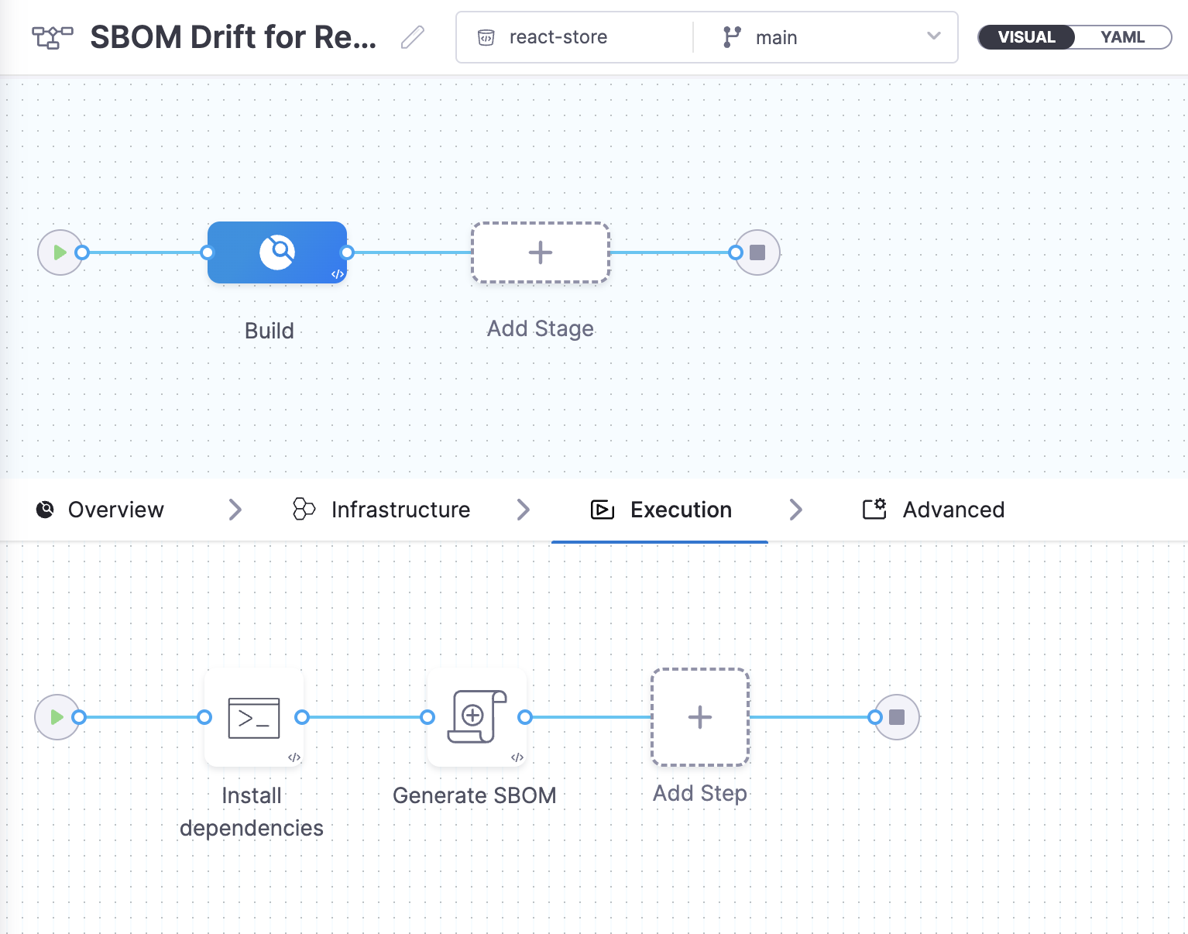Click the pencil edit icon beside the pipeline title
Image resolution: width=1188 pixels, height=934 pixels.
tap(412, 37)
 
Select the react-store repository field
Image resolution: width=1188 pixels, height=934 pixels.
tap(558, 37)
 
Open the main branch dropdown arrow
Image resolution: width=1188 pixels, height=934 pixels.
tap(933, 36)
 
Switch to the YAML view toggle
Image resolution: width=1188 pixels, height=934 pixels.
tap(1122, 37)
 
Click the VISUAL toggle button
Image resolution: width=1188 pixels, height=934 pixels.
tap(1026, 37)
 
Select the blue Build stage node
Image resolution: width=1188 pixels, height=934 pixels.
tap(277, 252)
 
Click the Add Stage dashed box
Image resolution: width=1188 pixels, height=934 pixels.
tap(541, 252)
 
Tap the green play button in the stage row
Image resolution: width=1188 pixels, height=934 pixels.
tap(60, 252)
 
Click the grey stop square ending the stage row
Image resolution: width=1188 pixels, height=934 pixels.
tap(757, 252)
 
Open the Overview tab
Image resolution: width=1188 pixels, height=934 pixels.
tap(101, 510)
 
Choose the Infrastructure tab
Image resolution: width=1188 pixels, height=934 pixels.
tap(381, 510)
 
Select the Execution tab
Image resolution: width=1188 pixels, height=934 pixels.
tap(661, 510)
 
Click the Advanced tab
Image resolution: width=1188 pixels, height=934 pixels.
tap(933, 510)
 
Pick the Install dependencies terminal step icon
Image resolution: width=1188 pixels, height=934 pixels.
tap(254, 718)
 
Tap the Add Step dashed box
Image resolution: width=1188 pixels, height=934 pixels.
tap(700, 717)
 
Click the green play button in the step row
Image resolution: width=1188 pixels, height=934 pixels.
tap(57, 717)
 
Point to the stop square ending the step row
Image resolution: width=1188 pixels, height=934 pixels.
tap(897, 717)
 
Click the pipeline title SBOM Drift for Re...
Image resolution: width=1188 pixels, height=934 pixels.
tap(234, 37)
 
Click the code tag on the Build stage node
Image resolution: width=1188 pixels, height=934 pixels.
tap(338, 274)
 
